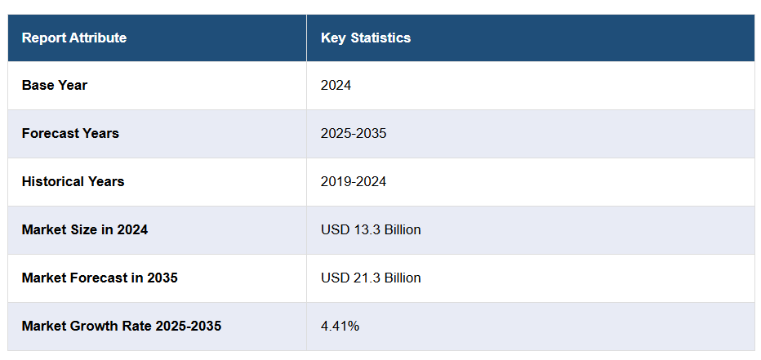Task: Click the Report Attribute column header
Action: [x=74, y=38]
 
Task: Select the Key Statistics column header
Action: [x=366, y=38]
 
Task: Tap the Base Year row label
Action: [x=55, y=85]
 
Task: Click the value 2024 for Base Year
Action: [x=336, y=85]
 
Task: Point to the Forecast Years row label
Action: [x=70, y=133]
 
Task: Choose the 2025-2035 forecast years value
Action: [x=354, y=133]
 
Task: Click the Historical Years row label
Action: [x=73, y=181]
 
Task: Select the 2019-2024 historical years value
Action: [x=354, y=181]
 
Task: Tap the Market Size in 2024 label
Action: [x=85, y=229]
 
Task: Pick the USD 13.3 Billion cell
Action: [x=371, y=229]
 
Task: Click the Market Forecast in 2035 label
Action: [x=100, y=278]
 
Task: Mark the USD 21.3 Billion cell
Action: [x=371, y=278]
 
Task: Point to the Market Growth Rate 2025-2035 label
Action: [x=122, y=326]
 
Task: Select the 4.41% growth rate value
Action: [x=340, y=326]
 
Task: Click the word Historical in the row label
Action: [x=52, y=181]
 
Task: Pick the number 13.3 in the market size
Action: [x=364, y=229]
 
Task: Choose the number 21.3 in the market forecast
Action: [x=364, y=278]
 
